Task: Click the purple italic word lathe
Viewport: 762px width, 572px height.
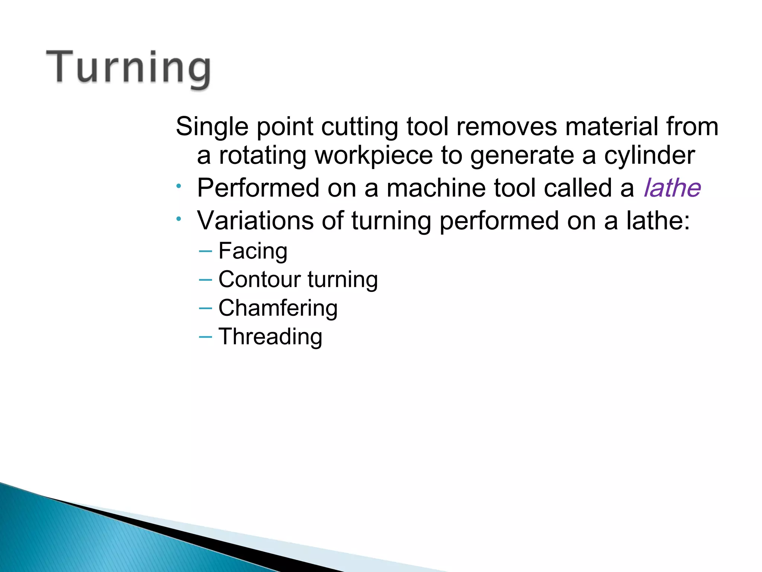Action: (672, 188)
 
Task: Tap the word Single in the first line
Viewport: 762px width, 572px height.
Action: (212, 127)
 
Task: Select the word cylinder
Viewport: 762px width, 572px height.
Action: (649, 155)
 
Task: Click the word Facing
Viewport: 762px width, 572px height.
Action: (253, 251)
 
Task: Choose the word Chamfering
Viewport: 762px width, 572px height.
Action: (278, 308)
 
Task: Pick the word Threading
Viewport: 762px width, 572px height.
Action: (270, 337)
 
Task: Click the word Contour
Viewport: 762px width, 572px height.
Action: (259, 279)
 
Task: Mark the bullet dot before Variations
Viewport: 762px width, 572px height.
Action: (179, 219)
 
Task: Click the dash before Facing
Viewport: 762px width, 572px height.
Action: (205, 251)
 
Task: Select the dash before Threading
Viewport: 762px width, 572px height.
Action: (205, 337)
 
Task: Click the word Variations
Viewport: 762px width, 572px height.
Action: (255, 220)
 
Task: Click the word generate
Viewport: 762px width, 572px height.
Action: (522, 156)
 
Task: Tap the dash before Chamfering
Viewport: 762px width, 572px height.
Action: (205, 308)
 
